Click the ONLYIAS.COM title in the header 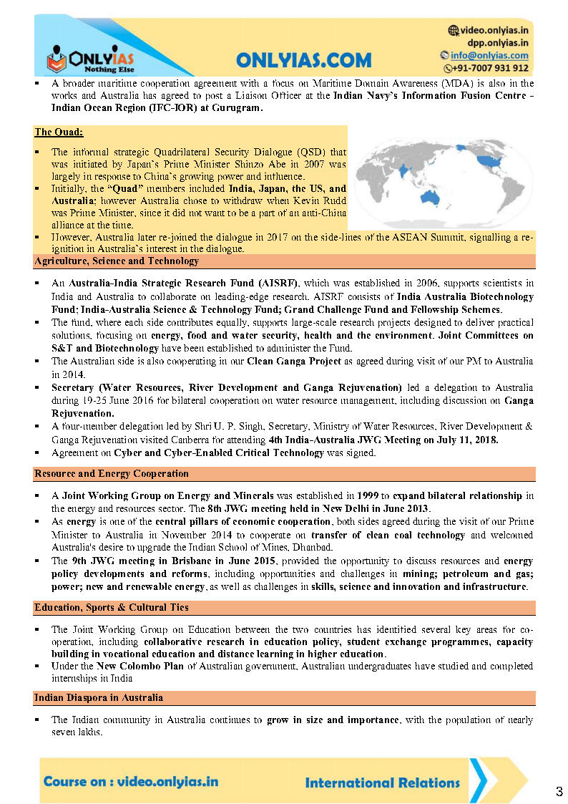pos(303,59)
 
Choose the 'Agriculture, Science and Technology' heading pos(117,261)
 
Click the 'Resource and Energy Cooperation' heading pos(112,474)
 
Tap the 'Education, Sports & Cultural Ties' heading pos(112,608)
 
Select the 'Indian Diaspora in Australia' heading pos(99,697)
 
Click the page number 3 pos(559,791)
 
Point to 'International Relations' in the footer pos(382,783)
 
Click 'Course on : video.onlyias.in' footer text pos(131,781)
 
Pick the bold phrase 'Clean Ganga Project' pos(294,362)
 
